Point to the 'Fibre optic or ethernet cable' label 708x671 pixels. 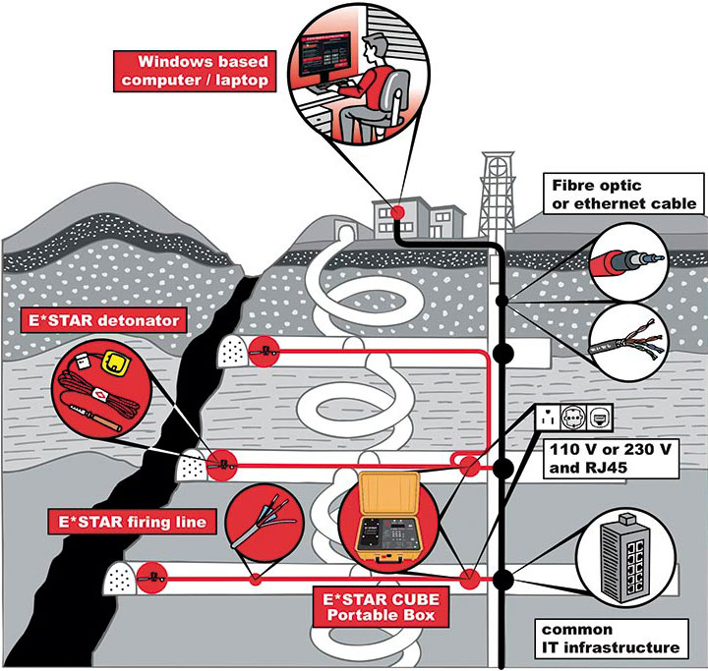(x=623, y=194)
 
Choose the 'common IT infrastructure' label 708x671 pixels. (x=609, y=638)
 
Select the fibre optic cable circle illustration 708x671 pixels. (x=625, y=261)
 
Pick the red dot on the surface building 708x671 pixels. (x=397, y=211)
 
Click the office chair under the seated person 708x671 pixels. (x=393, y=103)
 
